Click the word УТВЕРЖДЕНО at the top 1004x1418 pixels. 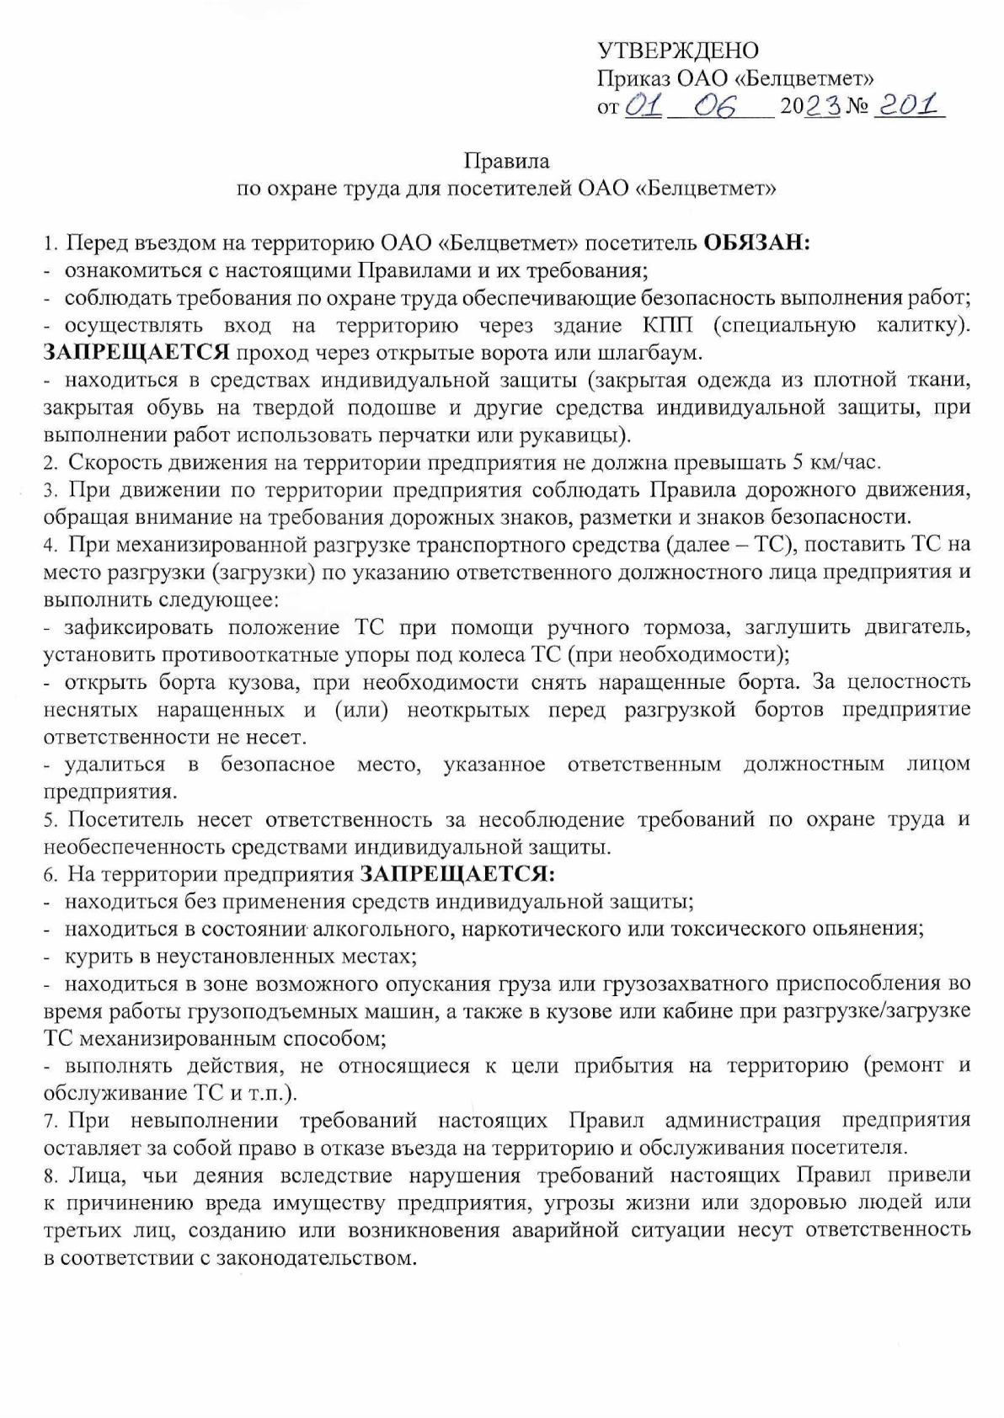click(677, 51)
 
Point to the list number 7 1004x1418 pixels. click(50, 1121)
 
